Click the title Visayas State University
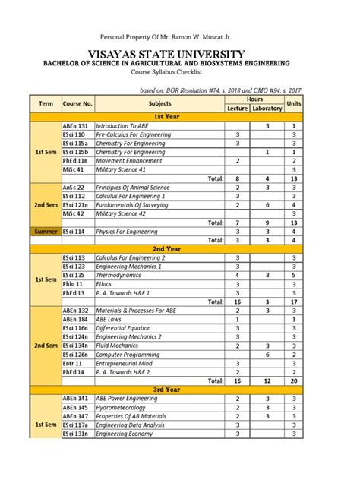click(x=179, y=54)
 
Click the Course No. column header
click(x=77, y=103)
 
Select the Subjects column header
click(x=159, y=103)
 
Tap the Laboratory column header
click(x=267, y=109)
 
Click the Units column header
click(x=293, y=103)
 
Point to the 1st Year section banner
click(x=166, y=116)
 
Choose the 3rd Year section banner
click(x=166, y=390)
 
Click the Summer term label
click(x=46, y=231)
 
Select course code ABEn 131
click(x=76, y=125)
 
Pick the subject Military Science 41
click(x=122, y=169)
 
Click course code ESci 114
click(x=74, y=231)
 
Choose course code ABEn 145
click(x=76, y=407)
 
